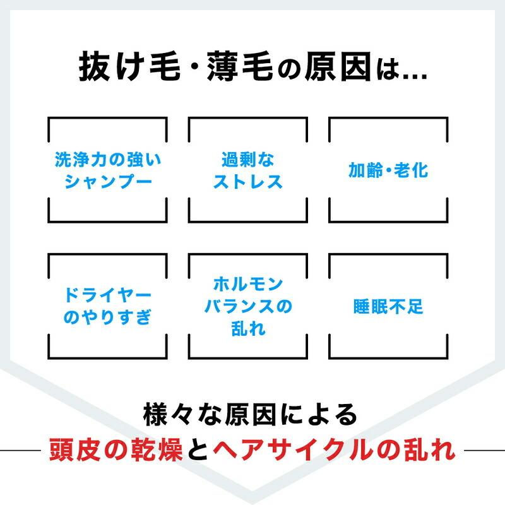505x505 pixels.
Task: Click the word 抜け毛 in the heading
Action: [129, 66]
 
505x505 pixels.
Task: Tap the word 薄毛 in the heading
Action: [240, 66]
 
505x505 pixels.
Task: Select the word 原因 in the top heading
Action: [338, 66]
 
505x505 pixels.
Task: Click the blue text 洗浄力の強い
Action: [108, 160]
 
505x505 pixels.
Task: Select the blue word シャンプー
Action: [108, 181]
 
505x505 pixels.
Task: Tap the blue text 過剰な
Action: [247, 160]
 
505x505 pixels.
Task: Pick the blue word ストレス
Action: [247, 181]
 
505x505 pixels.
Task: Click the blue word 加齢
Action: [365, 170]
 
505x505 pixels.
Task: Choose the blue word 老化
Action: [411, 170]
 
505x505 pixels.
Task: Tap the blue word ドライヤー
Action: [108, 295]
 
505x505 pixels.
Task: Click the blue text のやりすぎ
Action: [107, 318]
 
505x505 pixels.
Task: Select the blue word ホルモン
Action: [248, 284]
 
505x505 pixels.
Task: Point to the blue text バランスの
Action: [248, 306]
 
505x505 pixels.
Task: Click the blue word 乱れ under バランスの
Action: [248, 328]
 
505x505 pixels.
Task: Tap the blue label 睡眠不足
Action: [388, 306]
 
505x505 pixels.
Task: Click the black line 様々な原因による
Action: [250, 415]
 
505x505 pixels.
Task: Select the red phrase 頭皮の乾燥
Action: [116, 450]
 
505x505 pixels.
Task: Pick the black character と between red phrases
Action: [198, 450]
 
